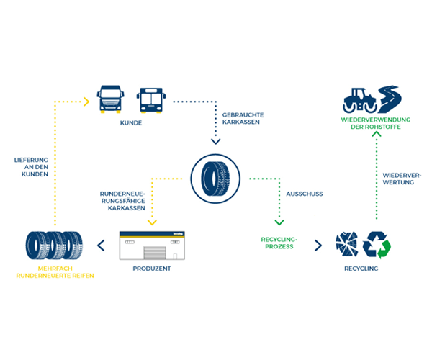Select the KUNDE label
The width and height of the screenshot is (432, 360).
(131, 123)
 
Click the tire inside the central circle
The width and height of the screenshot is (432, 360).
(217, 179)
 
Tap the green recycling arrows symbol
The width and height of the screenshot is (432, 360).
(376, 245)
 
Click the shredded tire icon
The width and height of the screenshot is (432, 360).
(346, 245)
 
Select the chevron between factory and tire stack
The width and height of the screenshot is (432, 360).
(101, 246)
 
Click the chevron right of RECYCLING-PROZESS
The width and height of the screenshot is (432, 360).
(317, 245)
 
